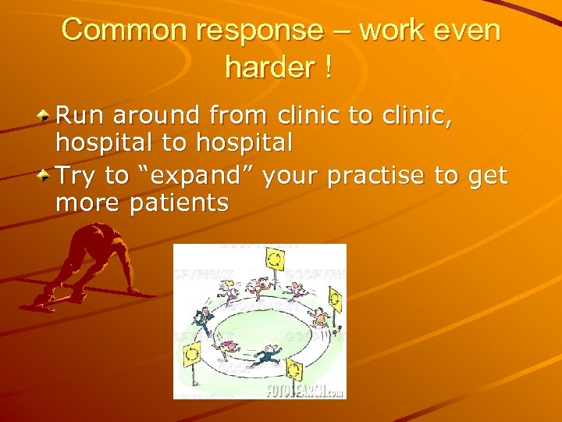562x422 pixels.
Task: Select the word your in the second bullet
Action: pos(290,177)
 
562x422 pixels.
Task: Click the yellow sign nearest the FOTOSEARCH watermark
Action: pos(294,368)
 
